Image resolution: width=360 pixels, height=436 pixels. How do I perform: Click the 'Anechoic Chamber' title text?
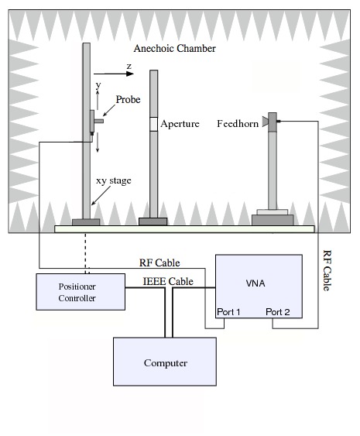(175, 49)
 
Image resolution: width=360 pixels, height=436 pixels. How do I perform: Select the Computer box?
(165, 362)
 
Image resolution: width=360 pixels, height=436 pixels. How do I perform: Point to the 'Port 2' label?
(278, 312)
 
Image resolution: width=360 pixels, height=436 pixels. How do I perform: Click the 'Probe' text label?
(129, 99)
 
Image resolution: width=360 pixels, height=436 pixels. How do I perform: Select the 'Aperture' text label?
(180, 124)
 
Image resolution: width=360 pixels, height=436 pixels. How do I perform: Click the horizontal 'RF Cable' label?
(159, 263)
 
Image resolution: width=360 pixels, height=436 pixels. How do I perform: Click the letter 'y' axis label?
(97, 84)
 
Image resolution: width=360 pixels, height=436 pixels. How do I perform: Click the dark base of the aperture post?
(153, 221)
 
